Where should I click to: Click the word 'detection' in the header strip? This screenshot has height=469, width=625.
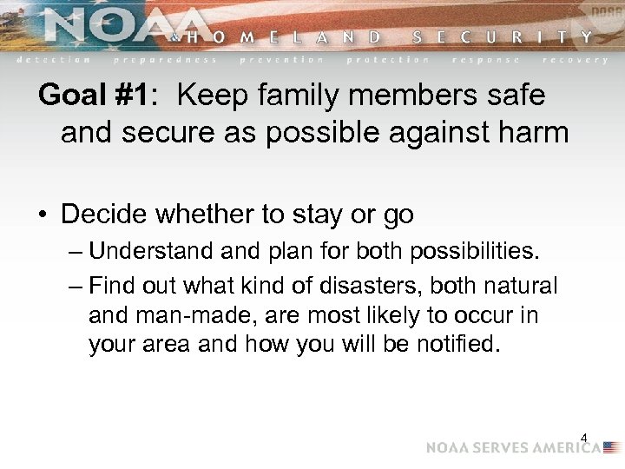point(54,60)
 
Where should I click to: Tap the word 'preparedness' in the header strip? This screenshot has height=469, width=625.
point(165,60)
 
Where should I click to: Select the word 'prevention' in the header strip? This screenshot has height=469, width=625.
point(282,60)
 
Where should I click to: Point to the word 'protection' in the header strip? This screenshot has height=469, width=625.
point(388,60)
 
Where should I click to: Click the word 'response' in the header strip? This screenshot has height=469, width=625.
point(486,60)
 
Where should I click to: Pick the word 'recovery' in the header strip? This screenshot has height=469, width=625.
point(575,60)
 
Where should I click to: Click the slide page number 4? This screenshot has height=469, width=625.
point(584,439)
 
